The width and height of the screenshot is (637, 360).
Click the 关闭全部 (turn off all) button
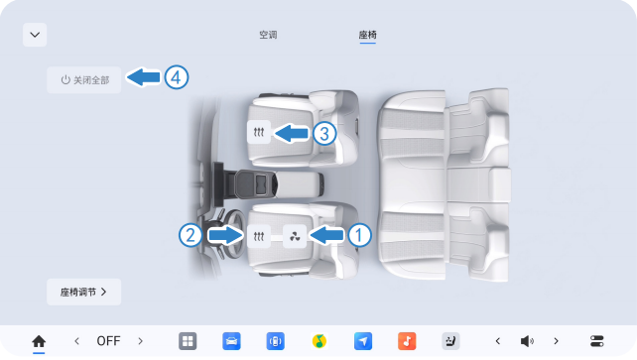83,80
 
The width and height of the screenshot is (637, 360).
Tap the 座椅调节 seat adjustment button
83,292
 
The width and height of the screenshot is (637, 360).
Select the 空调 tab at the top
268,35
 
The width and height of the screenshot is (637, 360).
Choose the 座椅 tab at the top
368,35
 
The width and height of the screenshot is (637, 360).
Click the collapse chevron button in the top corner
35,35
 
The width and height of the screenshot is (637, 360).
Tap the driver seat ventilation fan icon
295,236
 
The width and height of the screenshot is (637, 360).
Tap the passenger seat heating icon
259,132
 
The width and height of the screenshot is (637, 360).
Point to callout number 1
359,235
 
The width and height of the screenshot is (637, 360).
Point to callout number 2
191,235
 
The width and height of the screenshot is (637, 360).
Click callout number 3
324,133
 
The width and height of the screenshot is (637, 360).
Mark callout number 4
177,77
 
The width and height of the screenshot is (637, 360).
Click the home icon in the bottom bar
39,341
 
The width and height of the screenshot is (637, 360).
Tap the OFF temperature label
108,341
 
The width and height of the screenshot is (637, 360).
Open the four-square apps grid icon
188,341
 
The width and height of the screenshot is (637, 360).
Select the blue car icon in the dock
231,341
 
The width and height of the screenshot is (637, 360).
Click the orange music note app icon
407,341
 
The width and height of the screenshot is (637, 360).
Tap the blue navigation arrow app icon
363,341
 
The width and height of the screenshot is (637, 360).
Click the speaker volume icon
527,341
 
